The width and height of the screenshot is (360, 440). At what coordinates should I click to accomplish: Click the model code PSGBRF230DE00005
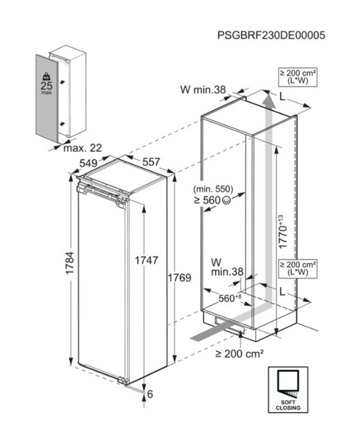pyautogui.click(x=271, y=35)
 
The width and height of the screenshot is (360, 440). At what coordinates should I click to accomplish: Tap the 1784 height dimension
pyautogui.click(x=70, y=263)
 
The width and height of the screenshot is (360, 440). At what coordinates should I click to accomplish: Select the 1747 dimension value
pyautogui.click(x=147, y=260)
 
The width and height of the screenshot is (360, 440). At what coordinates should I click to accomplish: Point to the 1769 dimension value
pyautogui.click(x=180, y=277)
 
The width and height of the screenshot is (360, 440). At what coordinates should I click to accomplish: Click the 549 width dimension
pyautogui.click(x=89, y=164)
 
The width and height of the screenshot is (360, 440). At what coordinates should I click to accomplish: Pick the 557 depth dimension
pyautogui.click(x=151, y=162)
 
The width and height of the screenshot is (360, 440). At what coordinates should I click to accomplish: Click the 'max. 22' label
pyautogui.click(x=83, y=148)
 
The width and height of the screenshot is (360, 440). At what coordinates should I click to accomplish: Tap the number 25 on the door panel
pyautogui.click(x=47, y=86)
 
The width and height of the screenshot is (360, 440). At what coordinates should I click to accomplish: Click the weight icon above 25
pyautogui.click(x=46, y=76)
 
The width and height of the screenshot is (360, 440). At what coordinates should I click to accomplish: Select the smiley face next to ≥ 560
pyautogui.click(x=226, y=200)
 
